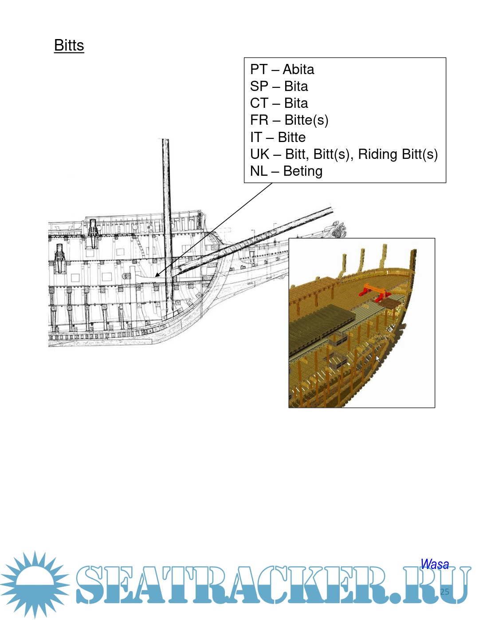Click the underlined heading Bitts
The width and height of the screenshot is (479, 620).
(69, 45)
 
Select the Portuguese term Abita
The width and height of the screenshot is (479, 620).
(298, 69)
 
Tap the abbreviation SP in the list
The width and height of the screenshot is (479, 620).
(259, 86)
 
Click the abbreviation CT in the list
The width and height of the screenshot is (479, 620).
(259, 103)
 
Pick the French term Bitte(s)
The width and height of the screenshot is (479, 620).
(306, 120)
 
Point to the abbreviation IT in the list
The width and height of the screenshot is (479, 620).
(256, 137)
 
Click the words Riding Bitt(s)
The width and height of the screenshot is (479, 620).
(398, 154)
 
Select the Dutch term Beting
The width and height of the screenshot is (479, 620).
(303, 171)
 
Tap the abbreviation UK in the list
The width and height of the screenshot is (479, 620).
(260, 154)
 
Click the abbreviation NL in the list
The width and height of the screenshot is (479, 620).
(259, 171)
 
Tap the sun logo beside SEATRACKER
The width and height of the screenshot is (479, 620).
(35, 585)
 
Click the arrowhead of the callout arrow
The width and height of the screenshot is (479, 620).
(157, 275)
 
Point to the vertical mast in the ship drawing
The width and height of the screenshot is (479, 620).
(168, 228)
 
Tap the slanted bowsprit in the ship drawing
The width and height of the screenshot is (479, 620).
(254, 241)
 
